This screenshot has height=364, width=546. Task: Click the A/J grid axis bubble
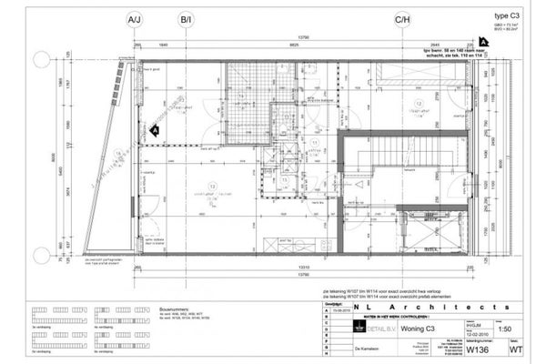point(135,18)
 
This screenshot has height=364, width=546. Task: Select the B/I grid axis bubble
point(187,18)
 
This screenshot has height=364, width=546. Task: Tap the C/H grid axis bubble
point(401,18)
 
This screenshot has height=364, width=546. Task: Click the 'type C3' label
point(508,16)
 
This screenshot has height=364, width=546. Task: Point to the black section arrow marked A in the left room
point(155,130)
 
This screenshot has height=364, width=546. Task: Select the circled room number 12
point(211,188)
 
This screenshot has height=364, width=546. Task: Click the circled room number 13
point(418,106)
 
